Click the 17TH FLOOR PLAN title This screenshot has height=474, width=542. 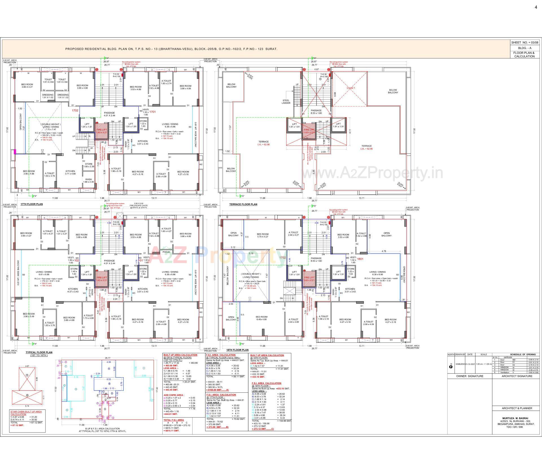tap(32, 204)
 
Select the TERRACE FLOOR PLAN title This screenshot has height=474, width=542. tap(243, 204)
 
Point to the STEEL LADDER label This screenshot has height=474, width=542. tap(286, 102)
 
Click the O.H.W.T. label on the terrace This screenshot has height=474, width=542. tap(351, 88)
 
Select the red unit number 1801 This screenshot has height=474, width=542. tap(360, 259)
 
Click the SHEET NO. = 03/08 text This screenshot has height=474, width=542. tap(524, 43)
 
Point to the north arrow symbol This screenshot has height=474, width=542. tap(451, 367)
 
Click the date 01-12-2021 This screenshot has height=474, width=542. tap(470, 364)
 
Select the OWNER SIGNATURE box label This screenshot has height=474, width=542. tap(470, 376)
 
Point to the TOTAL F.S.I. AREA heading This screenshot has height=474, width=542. tap(174, 420)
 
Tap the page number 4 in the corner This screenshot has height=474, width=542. tap(536, 8)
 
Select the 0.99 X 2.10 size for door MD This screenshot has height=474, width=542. tap(533, 360)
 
